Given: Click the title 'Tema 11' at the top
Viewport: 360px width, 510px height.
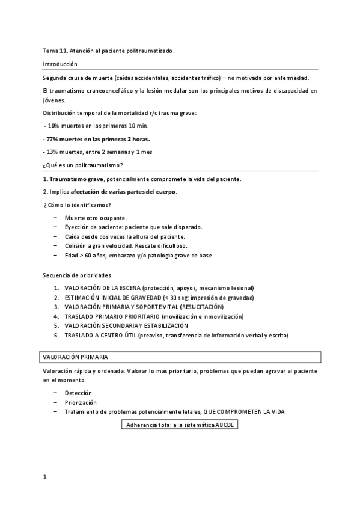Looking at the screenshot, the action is [55, 51].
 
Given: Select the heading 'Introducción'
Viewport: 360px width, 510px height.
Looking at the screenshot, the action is [60, 64].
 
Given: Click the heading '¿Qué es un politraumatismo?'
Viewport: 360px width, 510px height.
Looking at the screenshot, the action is [84, 165].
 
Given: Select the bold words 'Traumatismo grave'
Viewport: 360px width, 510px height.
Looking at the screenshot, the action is [76, 179].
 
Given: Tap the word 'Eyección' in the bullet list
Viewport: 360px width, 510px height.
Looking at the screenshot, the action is [77, 227].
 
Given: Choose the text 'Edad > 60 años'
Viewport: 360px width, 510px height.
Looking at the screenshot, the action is [87, 255].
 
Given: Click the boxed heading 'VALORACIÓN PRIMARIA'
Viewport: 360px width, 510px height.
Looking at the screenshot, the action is [75, 357].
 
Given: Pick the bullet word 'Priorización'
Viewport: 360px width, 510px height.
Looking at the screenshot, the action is [81, 402].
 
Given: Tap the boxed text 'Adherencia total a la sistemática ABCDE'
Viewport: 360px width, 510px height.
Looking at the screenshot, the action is [180, 425].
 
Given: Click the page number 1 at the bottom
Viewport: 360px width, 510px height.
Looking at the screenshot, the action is [44, 476].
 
